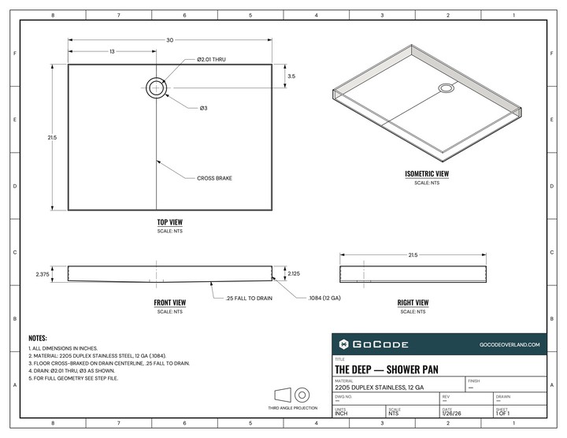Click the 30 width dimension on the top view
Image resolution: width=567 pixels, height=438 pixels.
click(170, 40)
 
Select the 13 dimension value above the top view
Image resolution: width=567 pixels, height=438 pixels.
click(112, 52)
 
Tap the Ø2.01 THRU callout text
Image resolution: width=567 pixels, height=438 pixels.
click(211, 59)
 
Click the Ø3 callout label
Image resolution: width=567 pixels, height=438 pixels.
click(204, 108)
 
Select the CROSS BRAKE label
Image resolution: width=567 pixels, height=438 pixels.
click(214, 178)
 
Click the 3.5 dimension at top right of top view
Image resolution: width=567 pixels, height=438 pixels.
click(291, 76)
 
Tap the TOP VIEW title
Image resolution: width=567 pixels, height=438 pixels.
click(170, 222)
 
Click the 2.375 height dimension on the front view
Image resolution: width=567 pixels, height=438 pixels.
click(43, 274)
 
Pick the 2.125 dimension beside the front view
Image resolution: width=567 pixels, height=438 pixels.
click(294, 274)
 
